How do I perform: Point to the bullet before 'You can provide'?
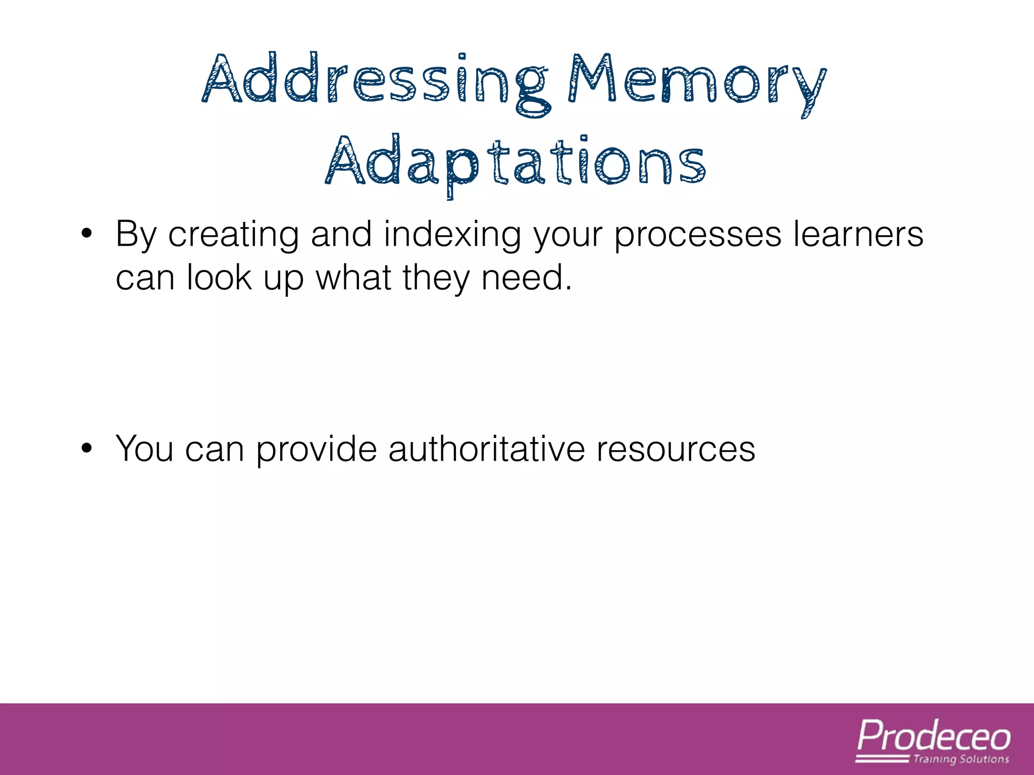[x=87, y=448]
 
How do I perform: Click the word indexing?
[x=452, y=235]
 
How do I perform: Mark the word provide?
[x=317, y=449]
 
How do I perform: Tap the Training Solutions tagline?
[x=961, y=759]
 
